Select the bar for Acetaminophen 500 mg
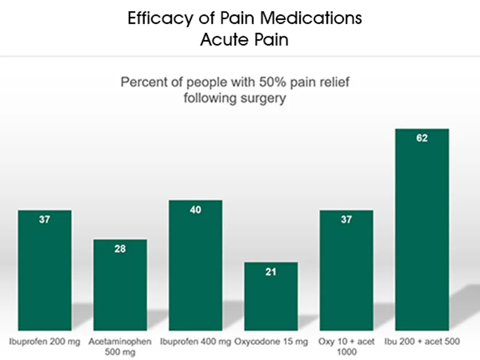(120, 285)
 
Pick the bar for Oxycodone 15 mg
(271, 296)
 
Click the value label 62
(422, 138)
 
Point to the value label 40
(196, 210)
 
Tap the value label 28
(120, 249)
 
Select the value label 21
(271, 272)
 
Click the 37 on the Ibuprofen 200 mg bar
(45, 220)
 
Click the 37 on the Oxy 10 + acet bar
(346, 220)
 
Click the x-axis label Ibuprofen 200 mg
(45, 342)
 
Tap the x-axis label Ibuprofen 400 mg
(196, 342)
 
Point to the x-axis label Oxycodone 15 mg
(271, 342)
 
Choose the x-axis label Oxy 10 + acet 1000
(346, 346)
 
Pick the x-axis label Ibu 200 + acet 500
(422, 342)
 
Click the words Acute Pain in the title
(244, 40)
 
